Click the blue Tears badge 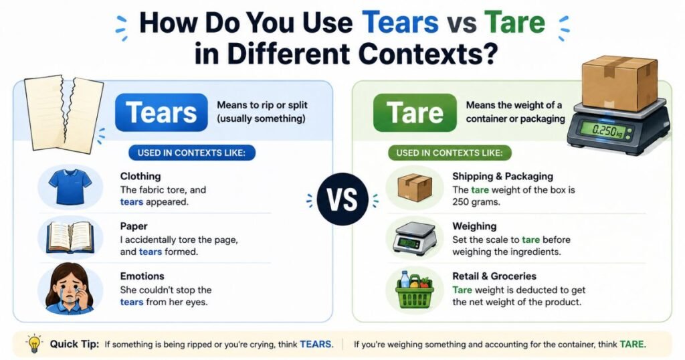[x=161, y=112]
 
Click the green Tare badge [x=415, y=112]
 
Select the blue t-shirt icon [x=70, y=187]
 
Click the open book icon [x=70, y=238]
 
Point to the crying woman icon [x=70, y=288]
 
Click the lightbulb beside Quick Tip [x=33, y=344]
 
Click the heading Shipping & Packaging [x=502, y=176]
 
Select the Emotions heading [x=142, y=276]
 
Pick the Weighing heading [x=474, y=226]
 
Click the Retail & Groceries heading [x=494, y=276]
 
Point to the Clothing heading [x=140, y=176]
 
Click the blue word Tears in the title [x=400, y=22]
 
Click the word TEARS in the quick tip [x=316, y=344]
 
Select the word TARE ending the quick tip [x=632, y=344]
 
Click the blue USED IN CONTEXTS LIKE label [x=191, y=153]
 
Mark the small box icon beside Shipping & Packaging [x=415, y=188]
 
